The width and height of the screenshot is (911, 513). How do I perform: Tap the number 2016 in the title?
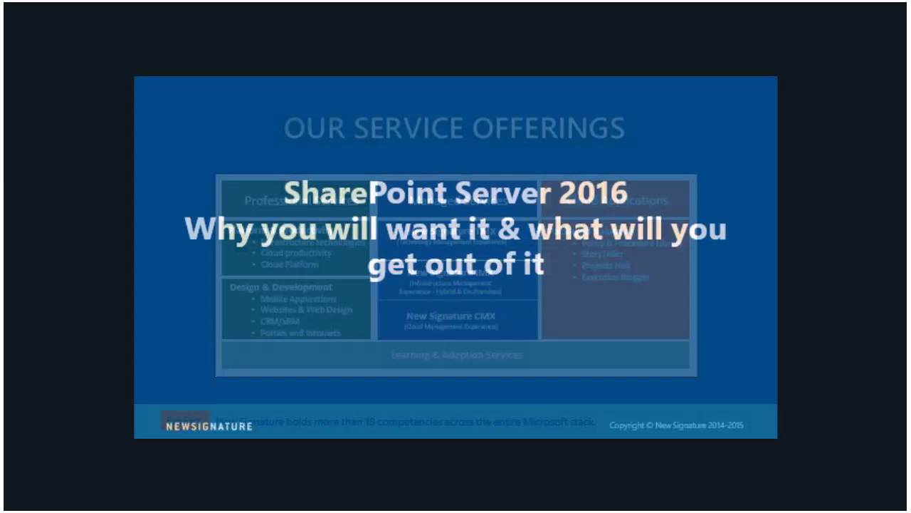click(x=593, y=194)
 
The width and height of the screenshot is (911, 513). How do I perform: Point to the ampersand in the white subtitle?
click(x=508, y=229)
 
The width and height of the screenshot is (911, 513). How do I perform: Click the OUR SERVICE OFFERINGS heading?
click(x=454, y=128)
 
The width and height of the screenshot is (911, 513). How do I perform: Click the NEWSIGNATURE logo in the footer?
click(x=209, y=426)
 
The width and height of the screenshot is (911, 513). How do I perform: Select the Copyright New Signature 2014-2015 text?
click(x=676, y=425)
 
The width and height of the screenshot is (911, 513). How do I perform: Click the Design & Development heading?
click(x=280, y=287)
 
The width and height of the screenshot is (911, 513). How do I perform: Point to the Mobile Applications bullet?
click(x=297, y=299)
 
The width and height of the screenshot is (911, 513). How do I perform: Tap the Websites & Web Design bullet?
click(x=306, y=310)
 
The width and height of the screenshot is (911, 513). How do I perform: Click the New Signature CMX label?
click(x=451, y=316)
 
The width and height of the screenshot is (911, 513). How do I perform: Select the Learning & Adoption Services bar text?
click(x=456, y=355)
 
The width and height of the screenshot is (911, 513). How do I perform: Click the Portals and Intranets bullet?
click(x=300, y=333)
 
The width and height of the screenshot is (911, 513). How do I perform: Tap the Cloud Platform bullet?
click(x=289, y=264)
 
